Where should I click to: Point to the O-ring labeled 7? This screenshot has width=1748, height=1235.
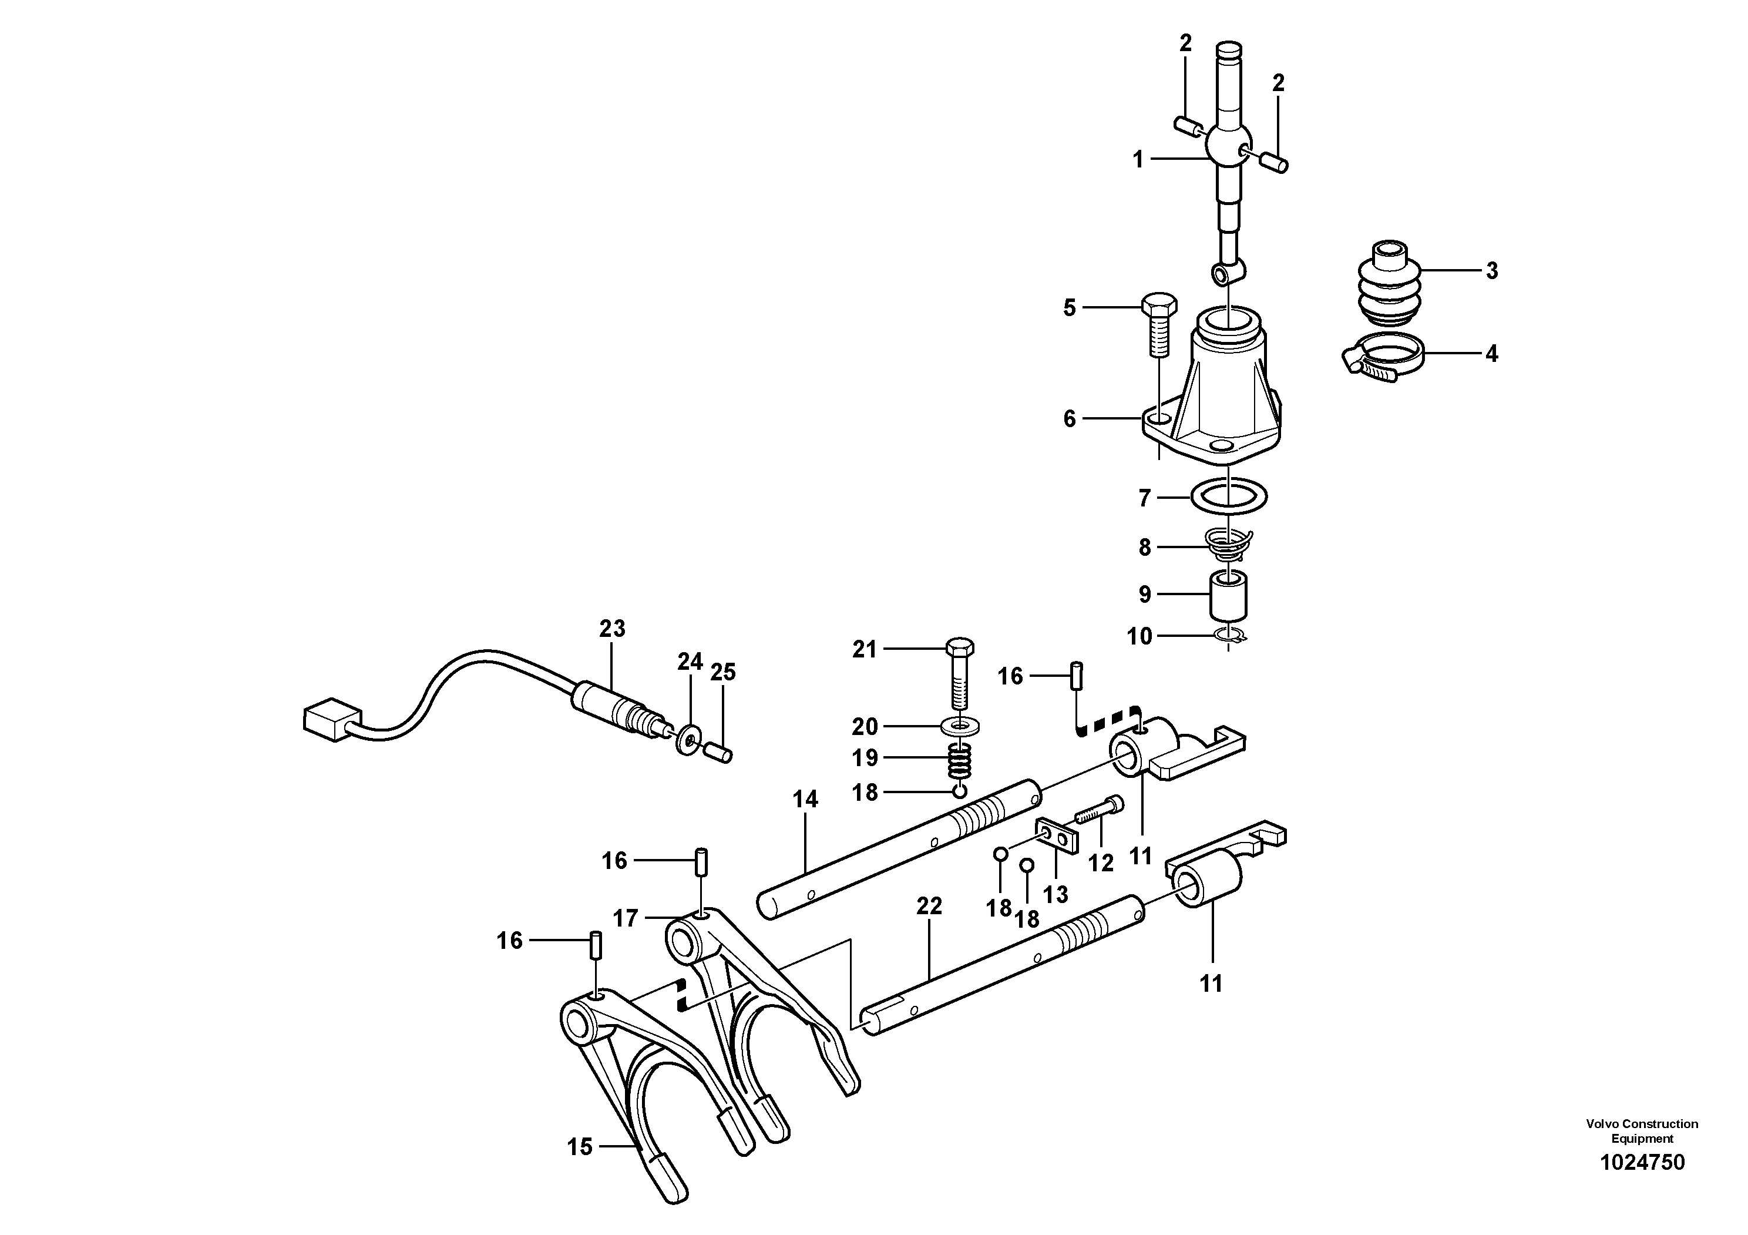coord(1228,496)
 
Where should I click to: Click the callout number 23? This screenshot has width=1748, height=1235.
coord(611,629)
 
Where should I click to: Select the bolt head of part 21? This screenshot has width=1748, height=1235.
coord(959,649)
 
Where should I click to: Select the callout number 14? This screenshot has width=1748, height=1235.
coord(805,800)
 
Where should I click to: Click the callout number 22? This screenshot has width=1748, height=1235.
coord(929,906)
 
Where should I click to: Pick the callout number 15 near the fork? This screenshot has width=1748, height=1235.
coord(579,1147)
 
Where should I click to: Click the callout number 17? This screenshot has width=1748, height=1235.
coord(625,919)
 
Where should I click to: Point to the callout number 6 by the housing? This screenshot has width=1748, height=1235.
coord(1069,419)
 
